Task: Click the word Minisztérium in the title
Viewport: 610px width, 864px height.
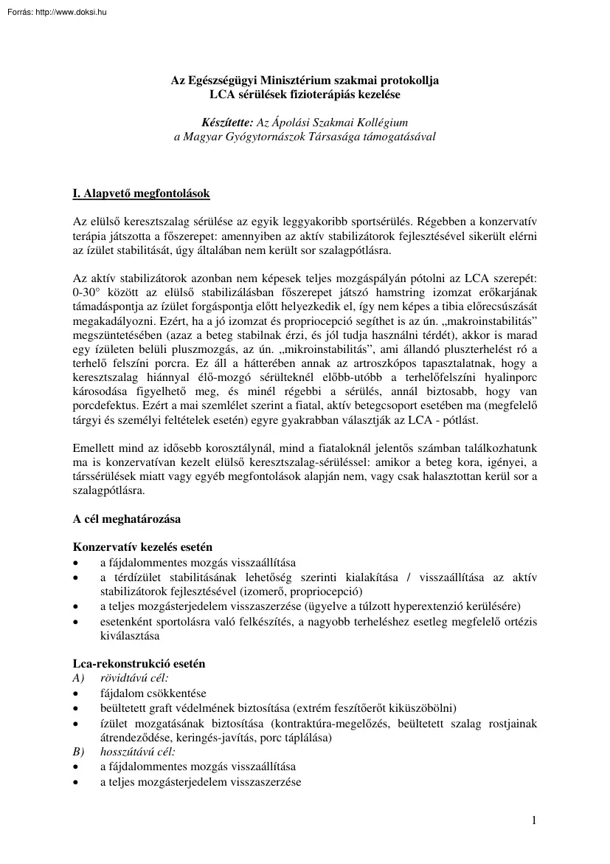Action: (299, 80)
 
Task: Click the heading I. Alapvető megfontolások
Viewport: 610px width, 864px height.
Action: (142, 194)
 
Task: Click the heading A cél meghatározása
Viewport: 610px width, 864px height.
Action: (127, 519)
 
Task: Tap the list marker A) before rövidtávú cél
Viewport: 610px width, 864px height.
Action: (79, 678)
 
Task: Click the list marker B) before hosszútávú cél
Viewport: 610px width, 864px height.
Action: (79, 752)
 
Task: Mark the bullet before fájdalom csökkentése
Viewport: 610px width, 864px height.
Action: (76, 693)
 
